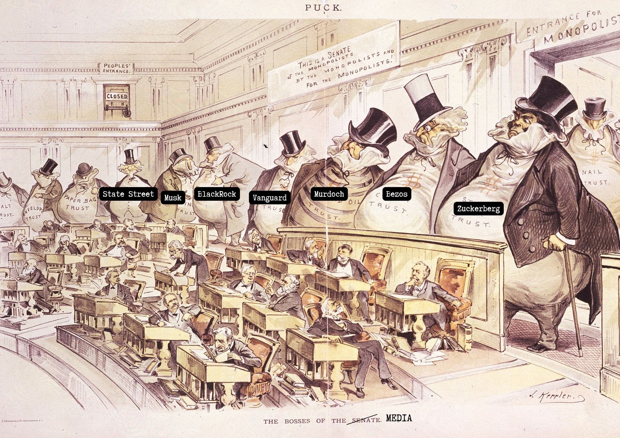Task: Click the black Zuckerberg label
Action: [x=478, y=208]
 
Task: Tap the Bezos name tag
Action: [x=396, y=194]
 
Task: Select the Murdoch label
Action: [x=329, y=194]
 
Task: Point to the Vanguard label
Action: [x=269, y=198]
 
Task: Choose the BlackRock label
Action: [x=217, y=194]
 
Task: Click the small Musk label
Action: [x=173, y=198]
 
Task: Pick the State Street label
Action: [x=128, y=194]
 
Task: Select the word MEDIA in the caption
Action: [x=399, y=418]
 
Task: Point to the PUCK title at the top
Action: [x=323, y=8]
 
